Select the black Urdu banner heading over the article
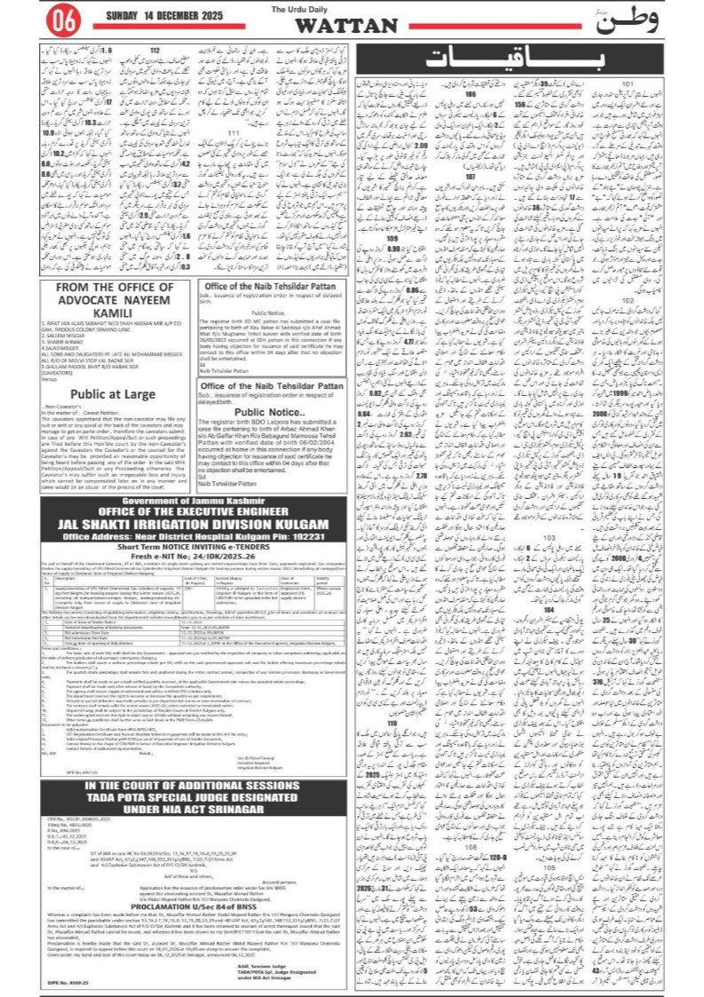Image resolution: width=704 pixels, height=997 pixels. coord(526,59)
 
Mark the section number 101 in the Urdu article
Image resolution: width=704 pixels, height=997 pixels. coord(628,84)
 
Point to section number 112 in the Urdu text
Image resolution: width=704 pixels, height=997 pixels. coord(155,51)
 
